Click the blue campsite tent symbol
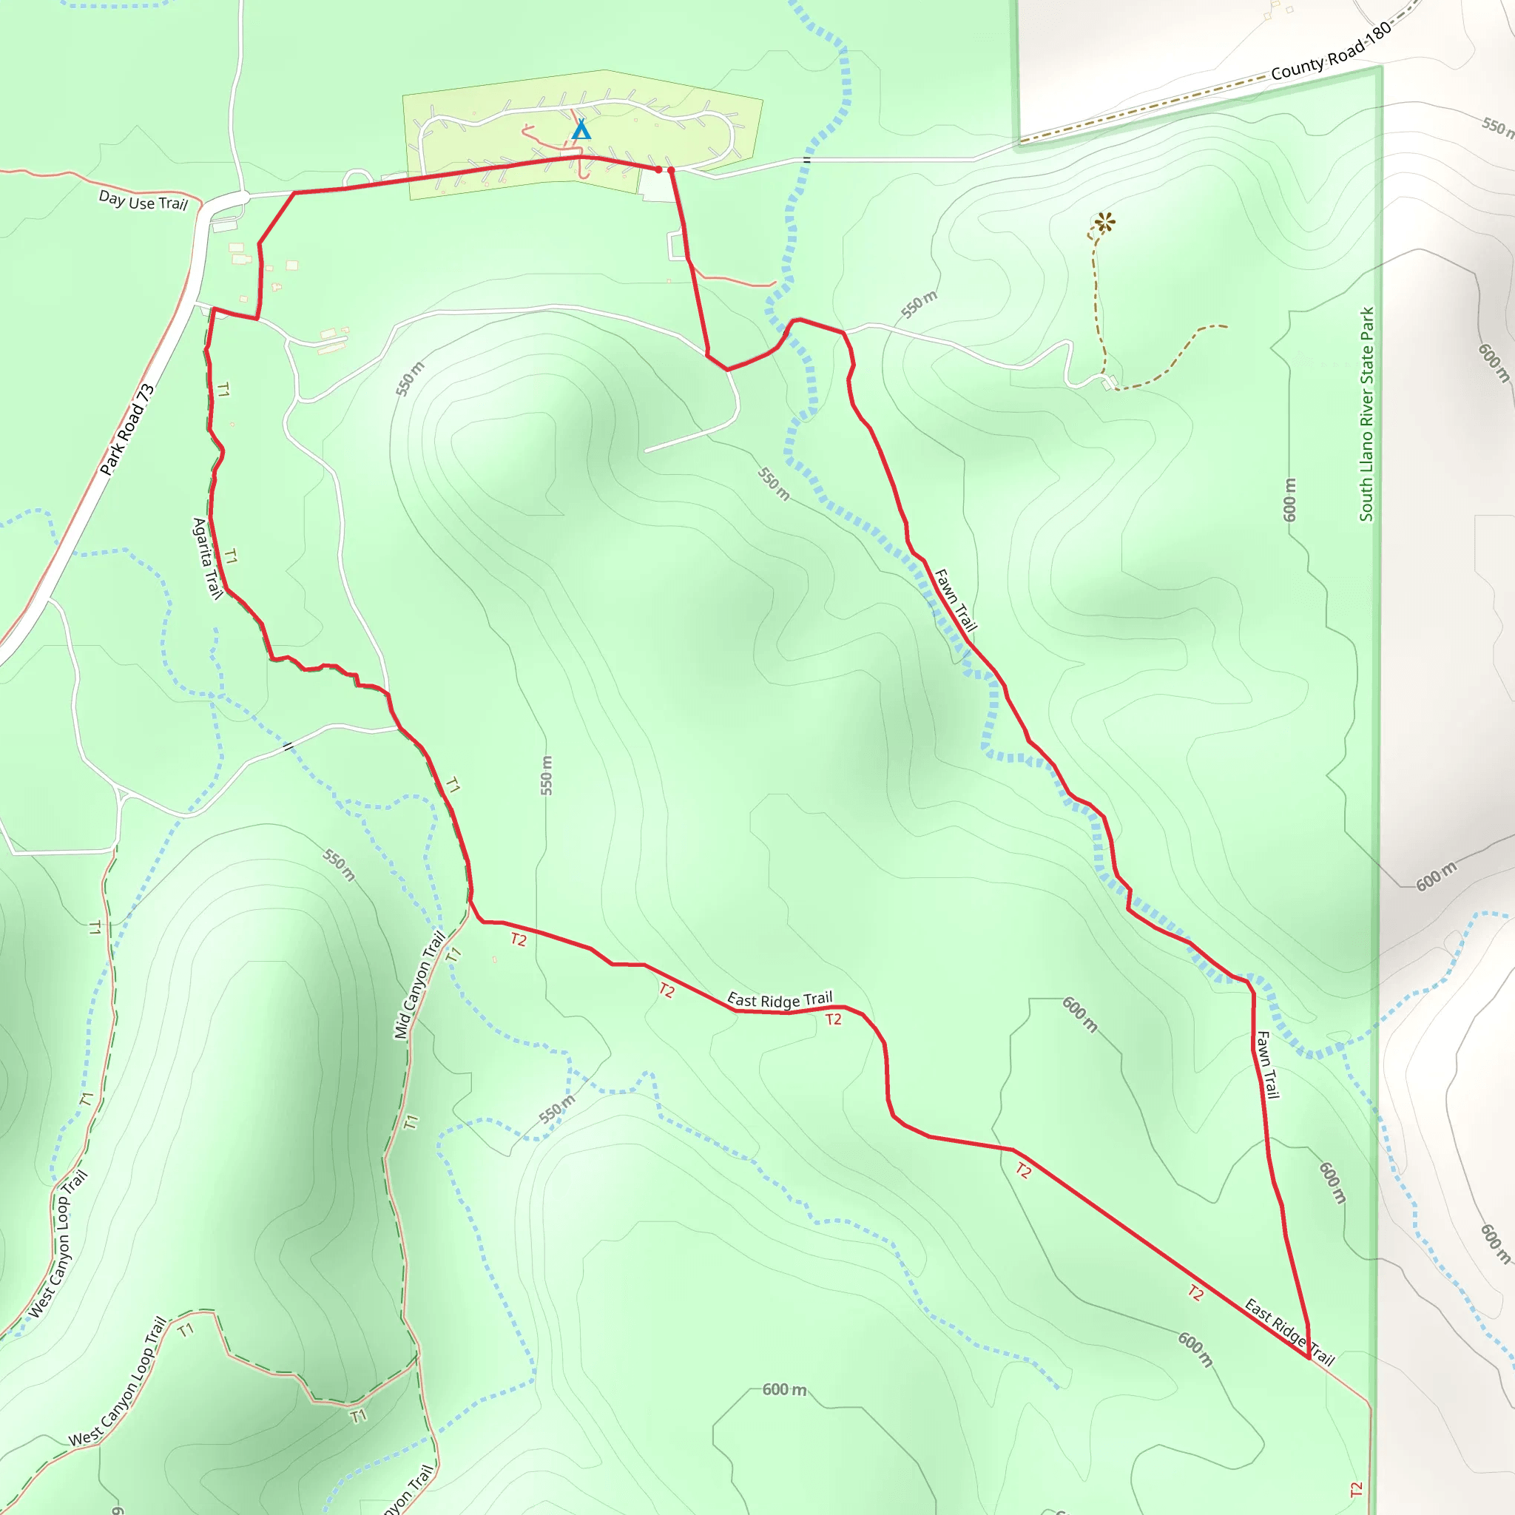pos(580,129)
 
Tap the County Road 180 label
pos(1331,51)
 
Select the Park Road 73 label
pos(127,430)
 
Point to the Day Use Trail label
pos(143,200)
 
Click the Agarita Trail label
pos(207,558)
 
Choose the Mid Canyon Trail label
pos(419,985)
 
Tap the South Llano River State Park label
pos(1367,414)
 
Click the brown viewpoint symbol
pos(1104,223)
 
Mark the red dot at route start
pos(658,169)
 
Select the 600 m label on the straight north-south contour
pos(1290,499)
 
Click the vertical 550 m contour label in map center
pos(547,775)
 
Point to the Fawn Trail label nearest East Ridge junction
pos(1267,1064)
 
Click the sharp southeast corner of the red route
pos(1309,1357)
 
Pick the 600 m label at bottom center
pos(784,1389)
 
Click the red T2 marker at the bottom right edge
pos(1357,1488)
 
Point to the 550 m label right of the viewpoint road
pos(918,304)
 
